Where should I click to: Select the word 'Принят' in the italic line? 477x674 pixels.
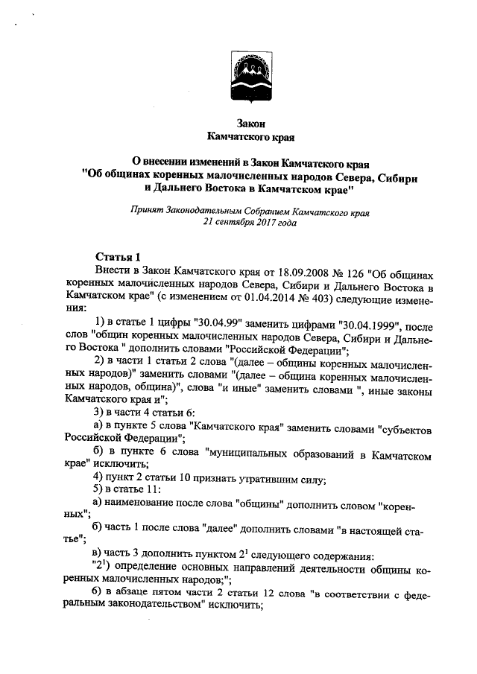[x=146, y=211]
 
